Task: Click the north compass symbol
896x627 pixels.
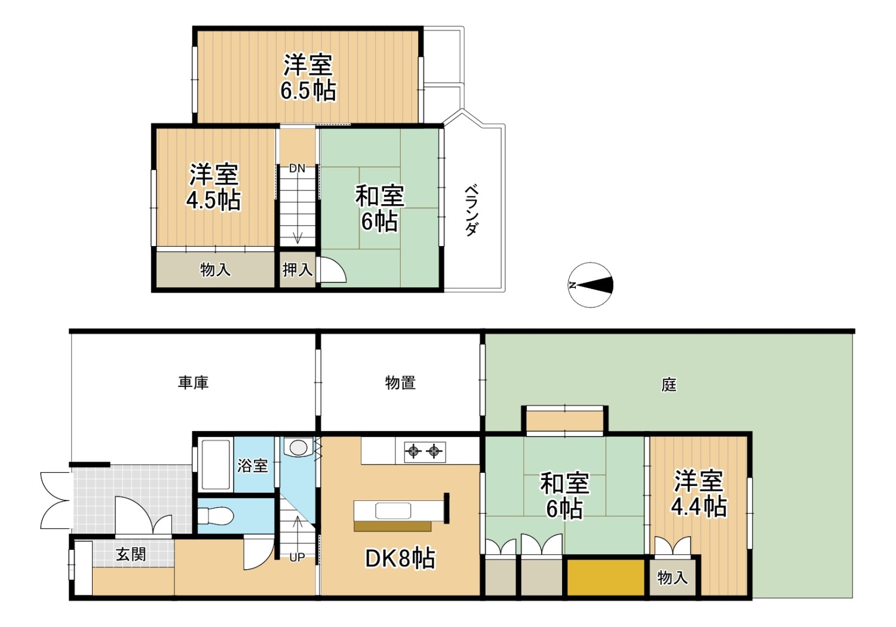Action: click(x=590, y=285)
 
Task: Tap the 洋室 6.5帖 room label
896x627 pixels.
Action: click(x=308, y=78)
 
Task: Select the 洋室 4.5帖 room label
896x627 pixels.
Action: click(x=214, y=187)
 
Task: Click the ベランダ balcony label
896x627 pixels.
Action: click(x=472, y=210)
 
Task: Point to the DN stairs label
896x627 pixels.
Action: click(x=297, y=168)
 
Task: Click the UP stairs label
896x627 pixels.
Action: click(x=297, y=557)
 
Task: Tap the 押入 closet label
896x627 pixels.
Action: click(x=297, y=270)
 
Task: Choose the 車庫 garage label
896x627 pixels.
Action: click(x=193, y=383)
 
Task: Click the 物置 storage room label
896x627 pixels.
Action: click(x=400, y=383)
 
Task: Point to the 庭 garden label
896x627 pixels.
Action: click(x=669, y=385)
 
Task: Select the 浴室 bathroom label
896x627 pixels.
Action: click(x=253, y=465)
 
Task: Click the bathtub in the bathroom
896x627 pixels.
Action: click(x=216, y=465)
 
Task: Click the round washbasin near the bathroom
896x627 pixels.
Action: click(x=299, y=447)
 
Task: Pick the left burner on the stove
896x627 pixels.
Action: click(x=413, y=452)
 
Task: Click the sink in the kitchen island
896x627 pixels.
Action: click(x=393, y=511)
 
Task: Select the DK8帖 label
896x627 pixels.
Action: click(x=400, y=558)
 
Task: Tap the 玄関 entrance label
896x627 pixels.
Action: click(x=130, y=555)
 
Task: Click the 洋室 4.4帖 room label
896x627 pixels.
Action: click(x=698, y=494)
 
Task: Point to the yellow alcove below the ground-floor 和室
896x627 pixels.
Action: click(x=605, y=577)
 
